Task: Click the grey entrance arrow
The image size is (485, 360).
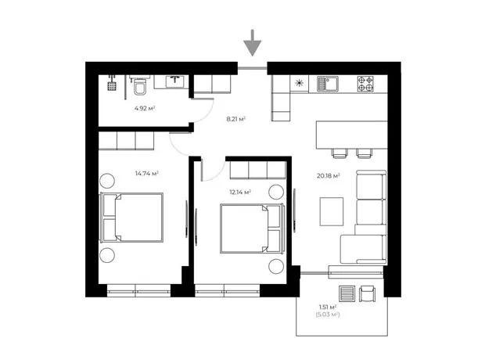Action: pyautogui.click(x=253, y=43)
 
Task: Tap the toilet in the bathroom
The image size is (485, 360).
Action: pyautogui.click(x=140, y=85)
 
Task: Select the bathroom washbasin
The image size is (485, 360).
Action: pyautogui.click(x=175, y=81)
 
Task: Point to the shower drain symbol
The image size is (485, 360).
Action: pyautogui.click(x=112, y=86)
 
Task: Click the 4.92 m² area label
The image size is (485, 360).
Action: pyautogui.click(x=145, y=108)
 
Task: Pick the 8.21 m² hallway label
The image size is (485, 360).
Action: pyautogui.click(x=236, y=119)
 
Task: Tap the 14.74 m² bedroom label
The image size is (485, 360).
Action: pyautogui.click(x=146, y=173)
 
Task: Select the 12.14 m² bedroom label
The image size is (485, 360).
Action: pyautogui.click(x=240, y=193)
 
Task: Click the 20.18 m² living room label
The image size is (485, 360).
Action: pyautogui.click(x=329, y=176)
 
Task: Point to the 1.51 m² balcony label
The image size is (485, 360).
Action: pyautogui.click(x=328, y=307)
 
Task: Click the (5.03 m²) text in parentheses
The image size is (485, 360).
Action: pyautogui.click(x=328, y=315)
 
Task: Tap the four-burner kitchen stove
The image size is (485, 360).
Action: pyautogui.click(x=365, y=84)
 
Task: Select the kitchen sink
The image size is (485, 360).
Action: pyautogui.click(x=328, y=84)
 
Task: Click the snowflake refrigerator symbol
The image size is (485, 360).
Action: pyautogui.click(x=299, y=83)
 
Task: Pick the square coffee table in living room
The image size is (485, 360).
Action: pyautogui.click(x=332, y=212)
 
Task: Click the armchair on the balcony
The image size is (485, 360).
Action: pyautogui.click(x=367, y=293)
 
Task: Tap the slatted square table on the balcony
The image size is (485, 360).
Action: pyautogui.click(x=347, y=293)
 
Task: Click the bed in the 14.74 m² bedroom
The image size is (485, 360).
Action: pyautogui.click(x=131, y=218)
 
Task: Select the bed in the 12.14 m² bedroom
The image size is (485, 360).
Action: pyautogui.click(x=252, y=229)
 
